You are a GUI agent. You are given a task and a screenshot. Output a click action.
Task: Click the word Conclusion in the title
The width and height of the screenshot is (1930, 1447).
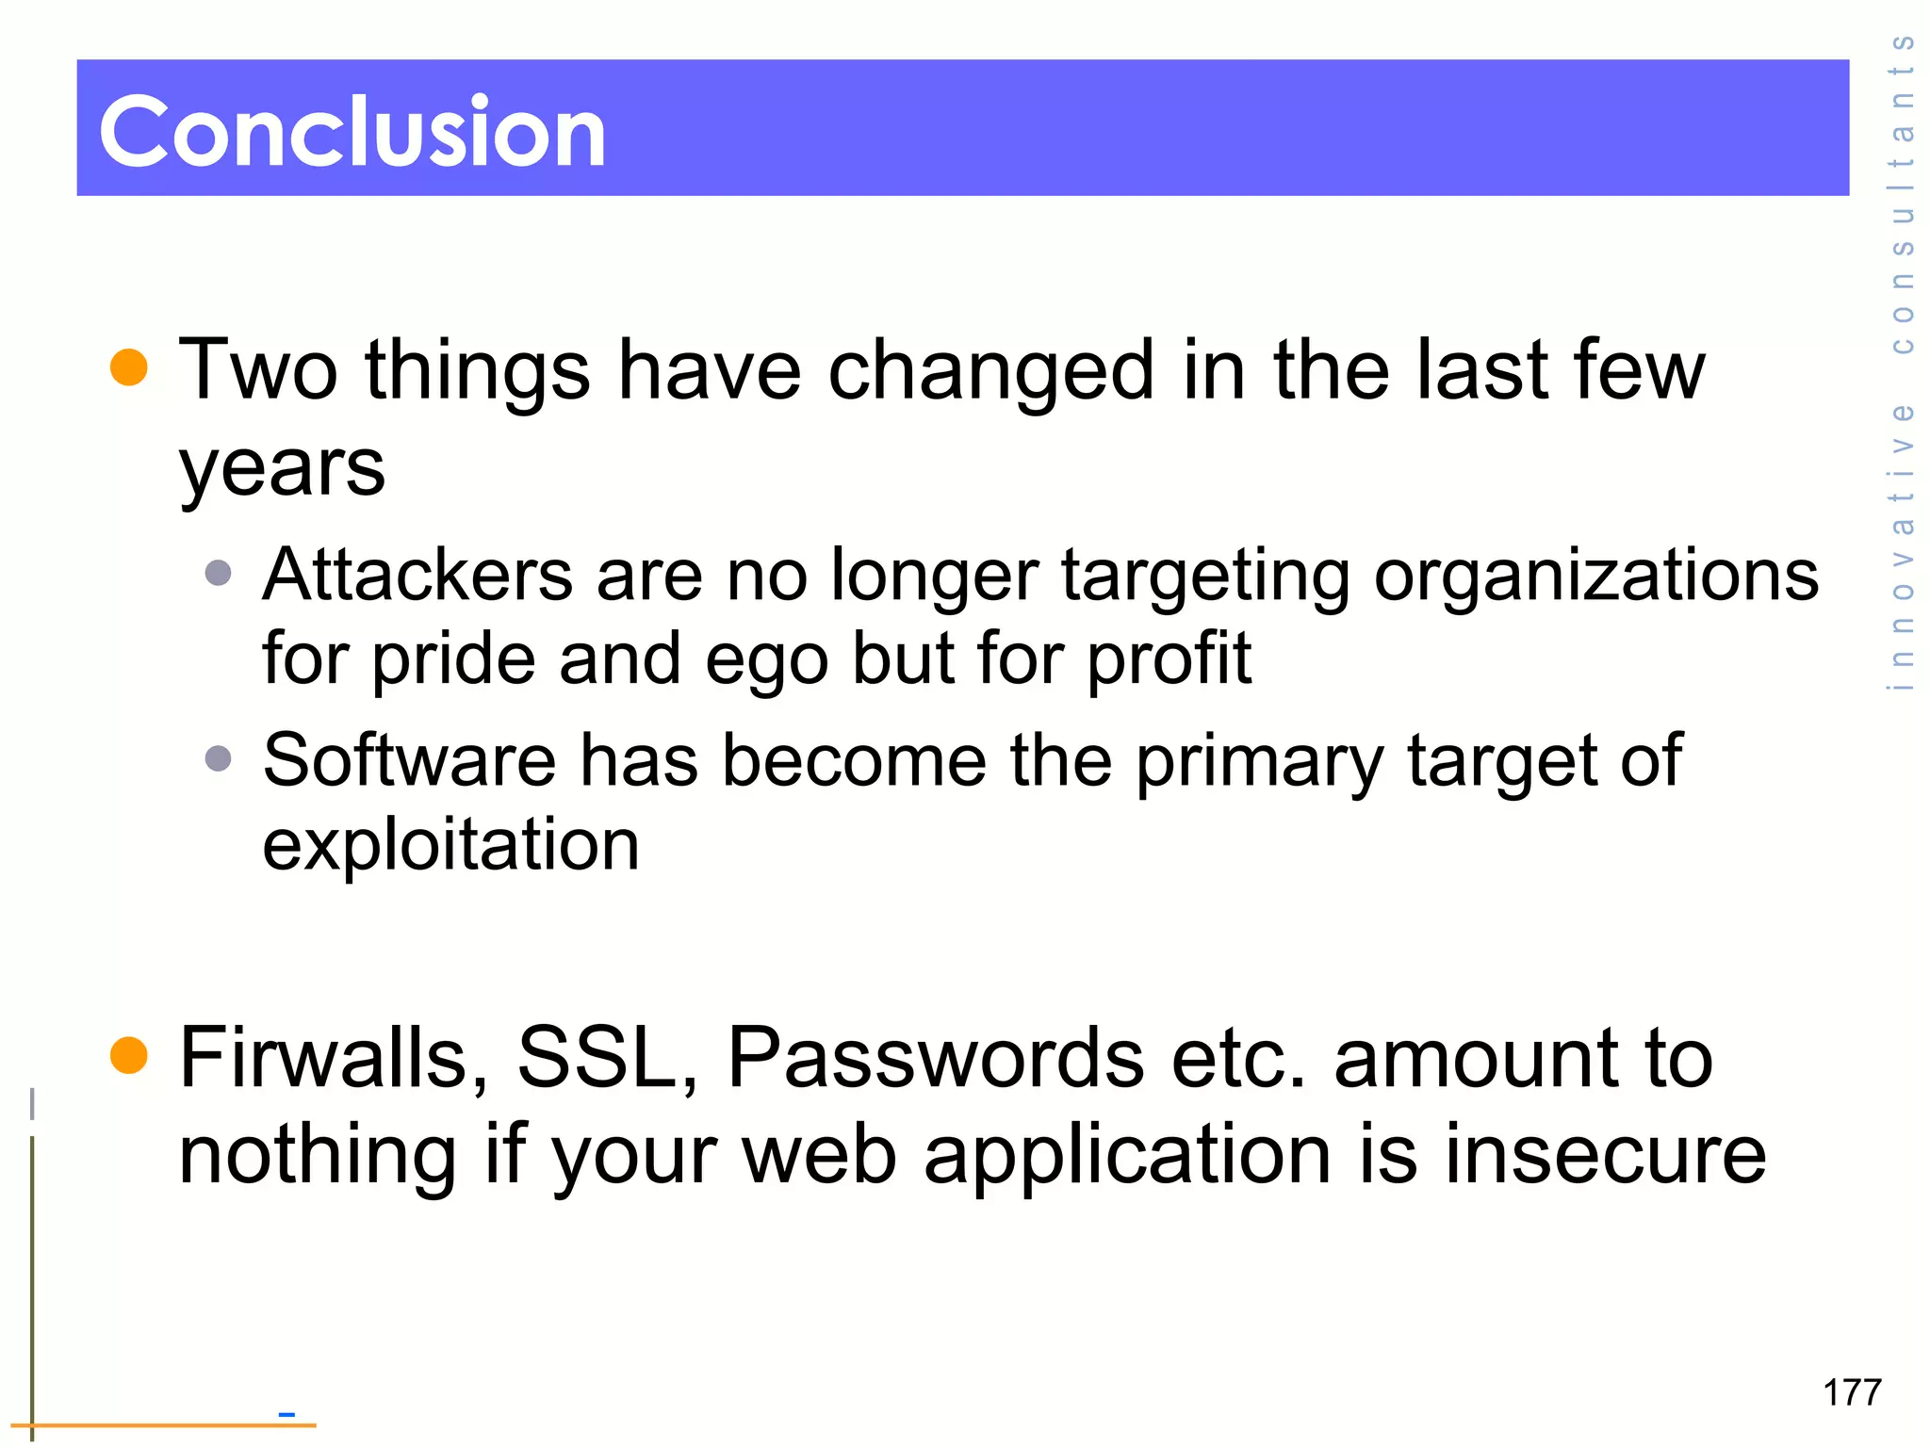(x=352, y=132)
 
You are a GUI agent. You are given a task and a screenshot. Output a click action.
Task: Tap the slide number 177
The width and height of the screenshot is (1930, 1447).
(x=1852, y=1392)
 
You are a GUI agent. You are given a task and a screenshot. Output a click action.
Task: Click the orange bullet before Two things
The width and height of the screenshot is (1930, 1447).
(x=129, y=367)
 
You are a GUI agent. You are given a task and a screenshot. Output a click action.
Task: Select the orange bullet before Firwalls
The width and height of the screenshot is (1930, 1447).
(x=129, y=1055)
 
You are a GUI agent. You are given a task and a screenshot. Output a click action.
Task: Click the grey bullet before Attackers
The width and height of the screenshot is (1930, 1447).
(x=218, y=573)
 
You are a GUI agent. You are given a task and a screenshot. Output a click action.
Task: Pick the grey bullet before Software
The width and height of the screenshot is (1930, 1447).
(x=218, y=758)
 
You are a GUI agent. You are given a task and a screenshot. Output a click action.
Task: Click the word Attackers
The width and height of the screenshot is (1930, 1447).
(x=417, y=575)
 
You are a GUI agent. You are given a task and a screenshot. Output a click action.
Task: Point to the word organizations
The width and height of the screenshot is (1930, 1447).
(x=1595, y=577)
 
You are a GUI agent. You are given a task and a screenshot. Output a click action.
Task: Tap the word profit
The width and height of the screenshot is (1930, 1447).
(x=1169, y=659)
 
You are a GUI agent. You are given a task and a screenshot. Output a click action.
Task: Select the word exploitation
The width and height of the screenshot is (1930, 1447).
(x=450, y=844)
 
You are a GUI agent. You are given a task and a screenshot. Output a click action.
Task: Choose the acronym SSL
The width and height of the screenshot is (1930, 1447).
(x=607, y=1059)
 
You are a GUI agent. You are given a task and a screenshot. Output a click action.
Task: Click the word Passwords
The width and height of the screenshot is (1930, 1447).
(x=936, y=1059)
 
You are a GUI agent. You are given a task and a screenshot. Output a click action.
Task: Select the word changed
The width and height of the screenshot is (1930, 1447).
(x=990, y=371)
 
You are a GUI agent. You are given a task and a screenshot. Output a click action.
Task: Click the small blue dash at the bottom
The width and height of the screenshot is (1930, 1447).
(x=286, y=1414)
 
